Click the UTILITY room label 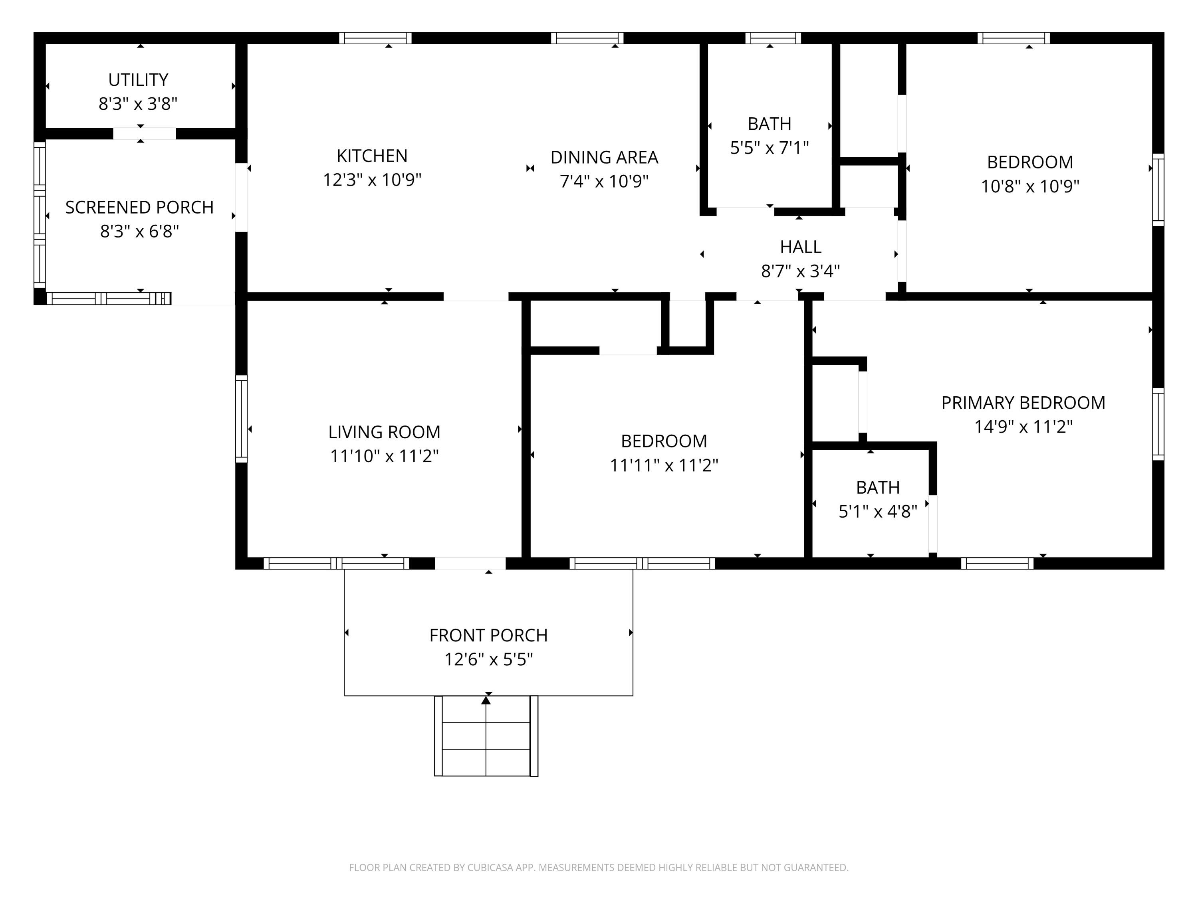tap(138, 79)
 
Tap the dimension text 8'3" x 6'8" tap(139, 231)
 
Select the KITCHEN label tap(372, 156)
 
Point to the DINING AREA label tap(605, 158)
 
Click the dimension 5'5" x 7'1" tap(770, 148)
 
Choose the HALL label tap(801, 247)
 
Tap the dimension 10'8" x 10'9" tap(1030, 186)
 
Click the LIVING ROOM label tap(385, 432)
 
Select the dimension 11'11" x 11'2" tap(664, 465)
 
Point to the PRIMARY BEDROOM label tap(1023, 403)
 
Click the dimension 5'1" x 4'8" tap(878, 512)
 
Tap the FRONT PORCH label tap(488, 635)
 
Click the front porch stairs tap(486, 736)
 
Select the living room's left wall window tap(242, 419)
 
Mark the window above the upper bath tap(774, 38)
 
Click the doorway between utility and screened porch tap(145, 133)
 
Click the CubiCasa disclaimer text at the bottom tap(599, 868)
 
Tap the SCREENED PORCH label tap(140, 207)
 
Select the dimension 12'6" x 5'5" tap(488, 659)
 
